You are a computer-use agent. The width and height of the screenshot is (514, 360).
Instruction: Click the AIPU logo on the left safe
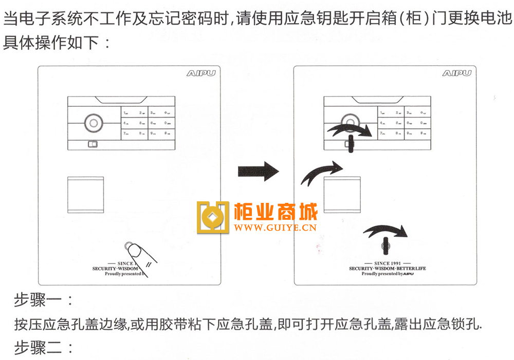pos(200,73)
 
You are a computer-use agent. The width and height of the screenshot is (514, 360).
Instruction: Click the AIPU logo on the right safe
pos(456,73)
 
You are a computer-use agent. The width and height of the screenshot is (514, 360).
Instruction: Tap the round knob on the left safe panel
pos(94,123)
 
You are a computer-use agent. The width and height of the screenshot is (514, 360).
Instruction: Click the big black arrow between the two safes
pos(258,170)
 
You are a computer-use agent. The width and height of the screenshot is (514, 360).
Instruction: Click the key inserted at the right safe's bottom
pos(384,246)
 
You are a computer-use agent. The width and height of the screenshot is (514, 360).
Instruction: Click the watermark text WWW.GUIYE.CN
pos(276,226)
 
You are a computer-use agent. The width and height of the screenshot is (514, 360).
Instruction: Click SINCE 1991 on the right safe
pos(387,263)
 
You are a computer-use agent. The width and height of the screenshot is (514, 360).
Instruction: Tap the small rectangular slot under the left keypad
pos(93,145)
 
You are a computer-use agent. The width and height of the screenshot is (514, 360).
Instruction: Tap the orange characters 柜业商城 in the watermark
pos(276,211)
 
